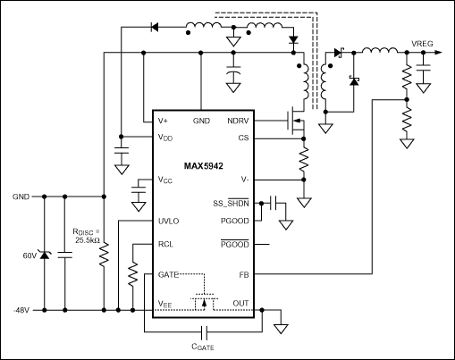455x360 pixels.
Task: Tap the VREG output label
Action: click(422, 43)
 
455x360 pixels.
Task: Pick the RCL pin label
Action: click(166, 243)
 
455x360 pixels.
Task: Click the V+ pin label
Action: click(163, 121)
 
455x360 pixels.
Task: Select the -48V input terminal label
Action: click(21, 311)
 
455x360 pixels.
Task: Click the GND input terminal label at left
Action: click(21, 196)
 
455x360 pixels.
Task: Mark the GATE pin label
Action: click(170, 275)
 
